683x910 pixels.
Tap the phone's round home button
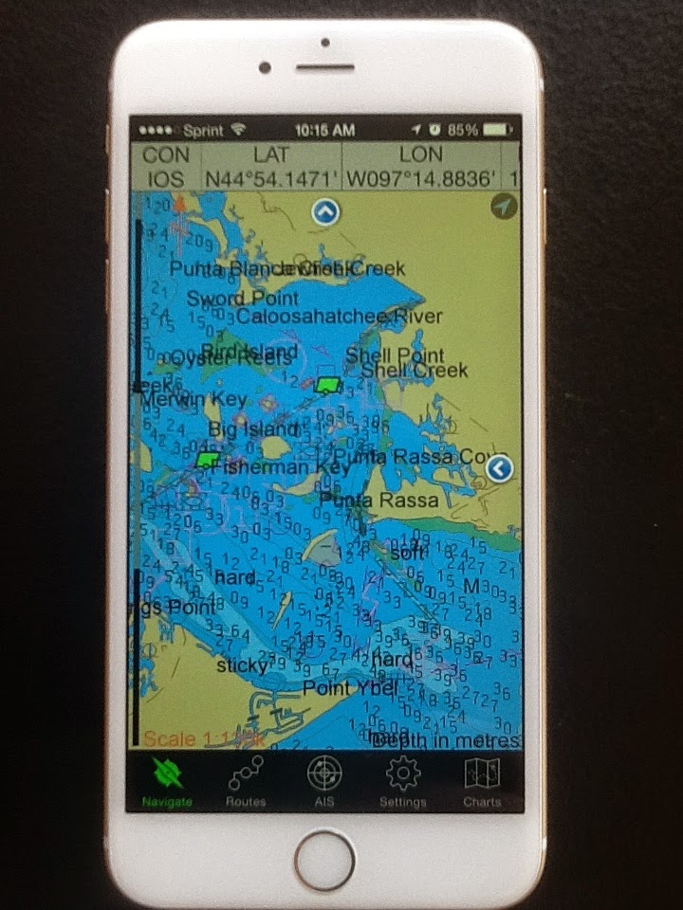click(323, 860)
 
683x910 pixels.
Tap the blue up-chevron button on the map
click(325, 212)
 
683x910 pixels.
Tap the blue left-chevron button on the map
click(499, 467)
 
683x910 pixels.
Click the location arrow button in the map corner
click(504, 207)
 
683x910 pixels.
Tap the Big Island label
click(240, 429)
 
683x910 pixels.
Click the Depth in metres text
click(446, 740)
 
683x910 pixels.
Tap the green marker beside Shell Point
click(328, 384)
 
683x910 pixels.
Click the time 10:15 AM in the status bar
click(324, 129)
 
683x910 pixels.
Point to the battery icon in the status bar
click(494, 129)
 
